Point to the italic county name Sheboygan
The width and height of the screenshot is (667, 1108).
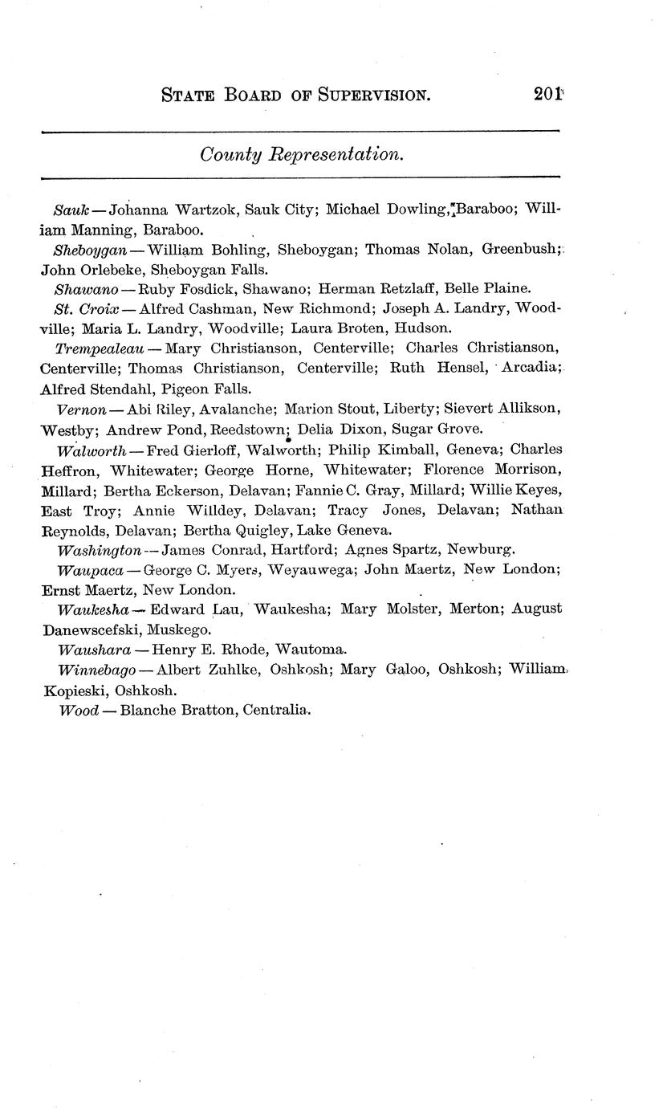point(91,250)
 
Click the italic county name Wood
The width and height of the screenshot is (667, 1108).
point(79,711)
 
